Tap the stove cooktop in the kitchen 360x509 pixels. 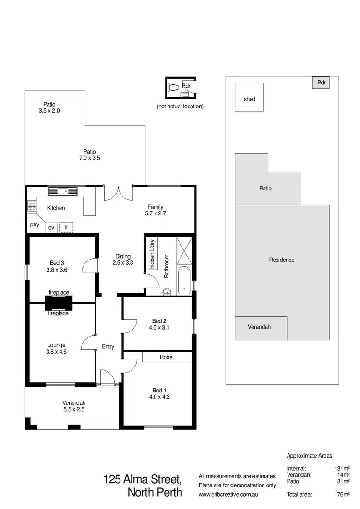(x=32, y=206)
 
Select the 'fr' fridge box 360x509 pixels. (x=66, y=227)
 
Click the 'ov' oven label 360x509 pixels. (x=51, y=228)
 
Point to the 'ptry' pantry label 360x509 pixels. (x=35, y=224)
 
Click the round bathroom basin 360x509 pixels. (x=167, y=290)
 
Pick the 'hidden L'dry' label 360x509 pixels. (x=149, y=255)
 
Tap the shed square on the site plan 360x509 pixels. (x=249, y=99)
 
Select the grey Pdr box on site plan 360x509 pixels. (x=321, y=83)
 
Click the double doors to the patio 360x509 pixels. (x=118, y=192)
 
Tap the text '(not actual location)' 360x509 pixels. (x=180, y=106)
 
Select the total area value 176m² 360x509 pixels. (x=342, y=494)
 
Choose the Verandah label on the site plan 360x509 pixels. (x=259, y=327)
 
